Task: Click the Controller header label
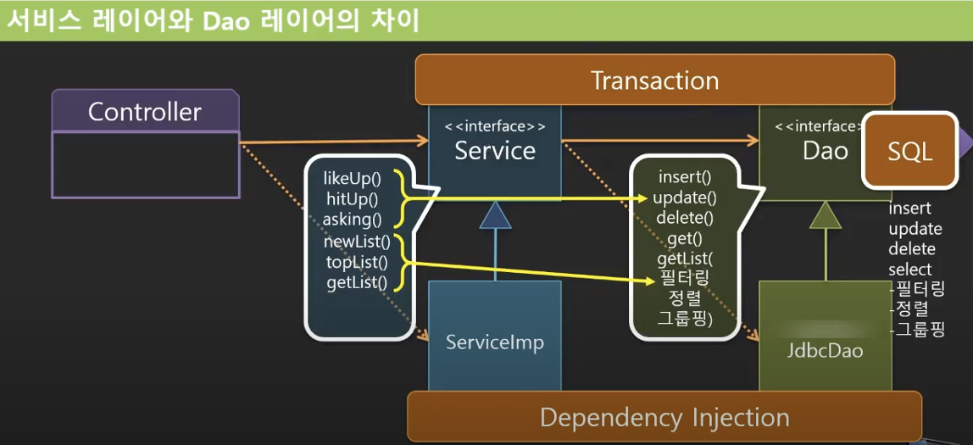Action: (145, 112)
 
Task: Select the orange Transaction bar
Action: (654, 81)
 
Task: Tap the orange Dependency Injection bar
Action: (664, 417)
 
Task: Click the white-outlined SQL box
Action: (909, 152)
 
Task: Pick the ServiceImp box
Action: (494, 342)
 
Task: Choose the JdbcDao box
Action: (825, 348)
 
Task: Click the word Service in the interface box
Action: (495, 151)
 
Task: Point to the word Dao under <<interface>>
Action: (825, 151)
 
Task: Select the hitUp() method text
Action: (352, 199)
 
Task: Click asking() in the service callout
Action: (353, 220)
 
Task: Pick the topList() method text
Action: (357, 262)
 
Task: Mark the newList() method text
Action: (357, 242)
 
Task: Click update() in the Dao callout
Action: (685, 198)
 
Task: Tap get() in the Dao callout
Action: (685, 239)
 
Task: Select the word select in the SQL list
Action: (909, 270)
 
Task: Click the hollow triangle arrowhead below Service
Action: (495, 216)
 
